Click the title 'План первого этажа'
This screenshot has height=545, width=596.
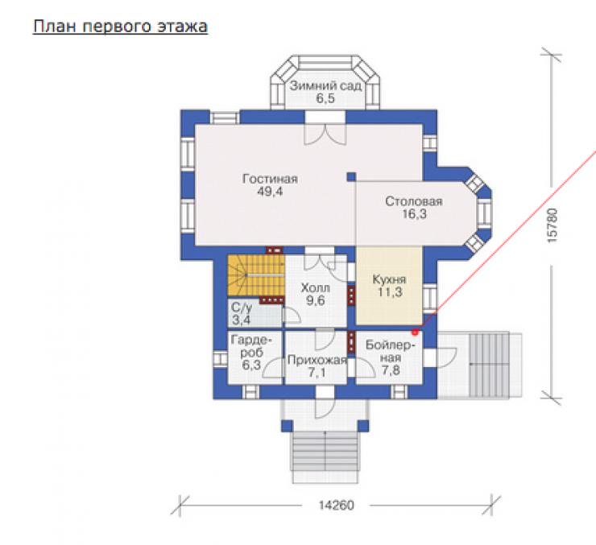(x=120, y=27)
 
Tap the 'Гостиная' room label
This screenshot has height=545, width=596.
(x=270, y=179)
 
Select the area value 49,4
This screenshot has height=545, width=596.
(x=270, y=192)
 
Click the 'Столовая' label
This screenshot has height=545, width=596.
(x=414, y=201)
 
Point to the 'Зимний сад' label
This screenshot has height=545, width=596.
(x=325, y=86)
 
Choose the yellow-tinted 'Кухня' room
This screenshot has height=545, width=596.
(x=389, y=286)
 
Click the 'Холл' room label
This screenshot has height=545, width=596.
(x=315, y=288)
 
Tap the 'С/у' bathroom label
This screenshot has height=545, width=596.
(x=242, y=308)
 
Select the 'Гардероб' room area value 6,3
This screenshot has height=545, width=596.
(x=251, y=365)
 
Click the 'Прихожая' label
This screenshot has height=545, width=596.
(x=317, y=360)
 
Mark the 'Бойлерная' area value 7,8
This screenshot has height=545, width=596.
(x=391, y=370)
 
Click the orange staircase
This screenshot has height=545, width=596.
(x=256, y=275)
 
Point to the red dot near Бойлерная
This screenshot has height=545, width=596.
(x=415, y=332)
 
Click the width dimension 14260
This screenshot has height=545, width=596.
(x=336, y=506)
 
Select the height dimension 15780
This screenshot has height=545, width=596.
(x=552, y=225)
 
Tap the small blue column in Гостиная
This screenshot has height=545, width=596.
(x=351, y=176)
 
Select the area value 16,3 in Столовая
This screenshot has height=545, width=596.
(x=414, y=214)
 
